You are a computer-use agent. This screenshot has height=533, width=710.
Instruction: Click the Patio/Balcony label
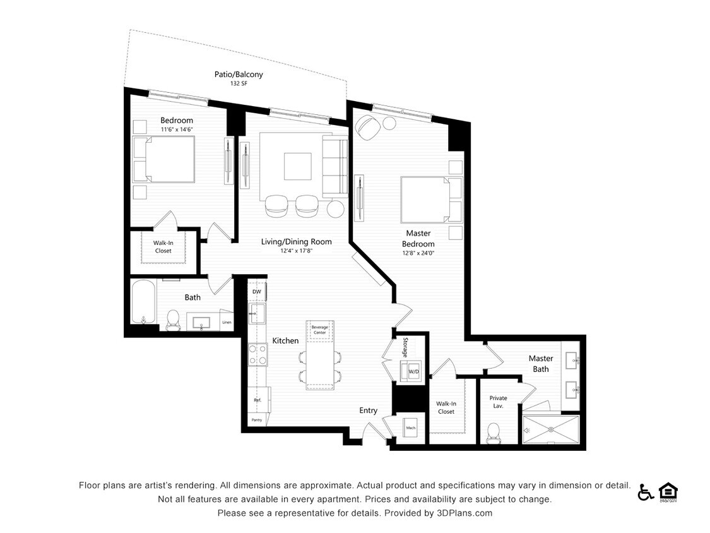[x=239, y=75]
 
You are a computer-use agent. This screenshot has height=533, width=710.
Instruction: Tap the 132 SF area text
[x=239, y=83]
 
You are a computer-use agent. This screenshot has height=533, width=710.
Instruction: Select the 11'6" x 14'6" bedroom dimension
[x=176, y=129]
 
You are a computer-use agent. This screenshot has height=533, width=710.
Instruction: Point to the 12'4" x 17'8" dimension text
[x=296, y=251]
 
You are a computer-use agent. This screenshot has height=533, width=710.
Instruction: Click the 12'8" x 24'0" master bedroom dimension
[x=418, y=253]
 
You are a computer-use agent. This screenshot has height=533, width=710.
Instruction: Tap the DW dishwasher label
[x=256, y=292]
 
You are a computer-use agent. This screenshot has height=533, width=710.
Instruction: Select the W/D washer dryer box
[x=414, y=371]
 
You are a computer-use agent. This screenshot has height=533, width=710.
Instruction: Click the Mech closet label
[x=410, y=428]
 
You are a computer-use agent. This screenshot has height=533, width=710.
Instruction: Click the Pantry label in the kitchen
[x=256, y=420]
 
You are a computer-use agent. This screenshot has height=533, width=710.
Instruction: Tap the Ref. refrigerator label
[x=257, y=400]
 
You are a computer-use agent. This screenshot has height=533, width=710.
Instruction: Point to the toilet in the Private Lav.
[x=494, y=432]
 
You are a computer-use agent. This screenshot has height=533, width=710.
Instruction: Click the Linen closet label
[x=227, y=323]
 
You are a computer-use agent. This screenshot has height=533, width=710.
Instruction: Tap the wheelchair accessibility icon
[x=645, y=492]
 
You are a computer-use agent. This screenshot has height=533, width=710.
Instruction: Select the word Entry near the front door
[x=369, y=410]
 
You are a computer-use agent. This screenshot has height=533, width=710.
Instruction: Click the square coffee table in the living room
[x=297, y=166]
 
